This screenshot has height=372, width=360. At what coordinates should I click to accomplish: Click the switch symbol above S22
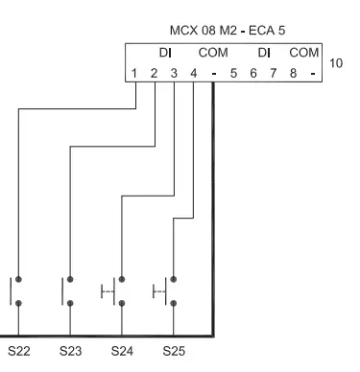coord(17,291)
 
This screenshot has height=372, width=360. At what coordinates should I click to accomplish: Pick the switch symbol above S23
coord(68,291)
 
